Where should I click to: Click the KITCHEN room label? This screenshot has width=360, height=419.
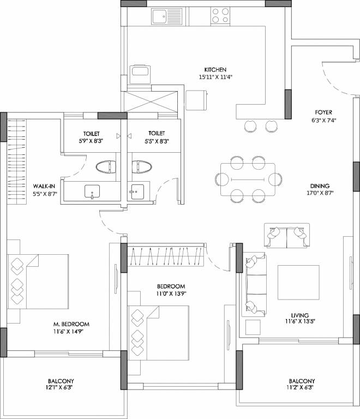coord(215,70)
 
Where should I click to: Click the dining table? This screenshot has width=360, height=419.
coord(248,179)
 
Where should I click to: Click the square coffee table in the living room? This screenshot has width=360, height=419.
coord(298,283)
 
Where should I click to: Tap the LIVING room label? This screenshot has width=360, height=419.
coord(300,315)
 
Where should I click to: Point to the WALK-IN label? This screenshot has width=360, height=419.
coord(28,186)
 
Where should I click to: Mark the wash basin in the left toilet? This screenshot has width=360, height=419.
coord(93,191)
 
